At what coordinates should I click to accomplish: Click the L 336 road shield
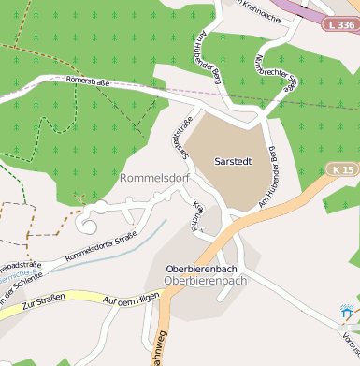click(341, 24)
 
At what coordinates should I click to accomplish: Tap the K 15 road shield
click(343, 169)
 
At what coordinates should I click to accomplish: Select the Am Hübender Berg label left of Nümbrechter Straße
click(225, 51)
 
